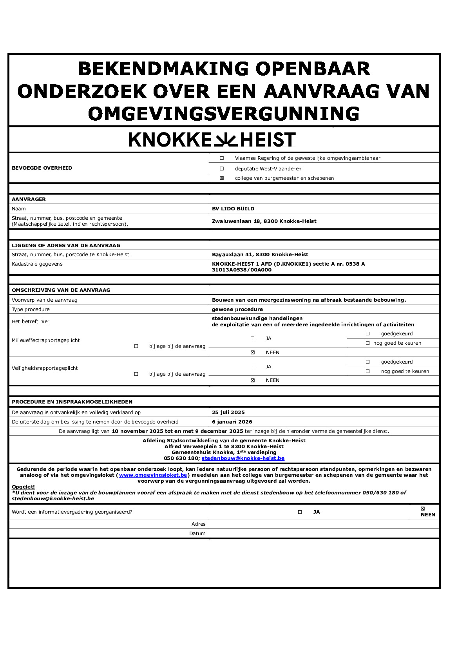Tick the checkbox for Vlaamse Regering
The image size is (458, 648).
click(x=222, y=158)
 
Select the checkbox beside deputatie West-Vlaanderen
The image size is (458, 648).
click(x=222, y=169)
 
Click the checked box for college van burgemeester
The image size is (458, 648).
click(x=222, y=178)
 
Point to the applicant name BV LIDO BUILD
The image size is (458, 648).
click(x=233, y=209)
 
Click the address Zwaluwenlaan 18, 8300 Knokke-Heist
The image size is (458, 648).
click(x=264, y=221)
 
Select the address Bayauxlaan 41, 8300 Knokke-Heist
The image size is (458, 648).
click(x=260, y=255)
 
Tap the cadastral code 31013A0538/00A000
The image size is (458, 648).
click(x=241, y=270)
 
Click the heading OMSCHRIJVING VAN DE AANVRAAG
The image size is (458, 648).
click(x=61, y=290)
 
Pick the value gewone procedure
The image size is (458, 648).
click(x=237, y=310)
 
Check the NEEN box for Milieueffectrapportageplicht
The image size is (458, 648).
click(x=253, y=353)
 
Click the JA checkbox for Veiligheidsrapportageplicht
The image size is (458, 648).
click(x=253, y=367)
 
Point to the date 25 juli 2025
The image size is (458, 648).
click(x=228, y=413)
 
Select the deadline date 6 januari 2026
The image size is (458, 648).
click(x=232, y=422)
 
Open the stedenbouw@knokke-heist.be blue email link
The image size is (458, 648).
click(x=243, y=458)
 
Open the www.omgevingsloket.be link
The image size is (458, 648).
click(x=153, y=475)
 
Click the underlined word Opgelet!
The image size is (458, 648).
click(x=23, y=487)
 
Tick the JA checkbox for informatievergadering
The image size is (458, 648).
click(x=300, y=512)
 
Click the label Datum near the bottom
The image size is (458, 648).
click(x=197, y=534)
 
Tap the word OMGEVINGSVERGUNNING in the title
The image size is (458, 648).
click(x=224, y=114)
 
